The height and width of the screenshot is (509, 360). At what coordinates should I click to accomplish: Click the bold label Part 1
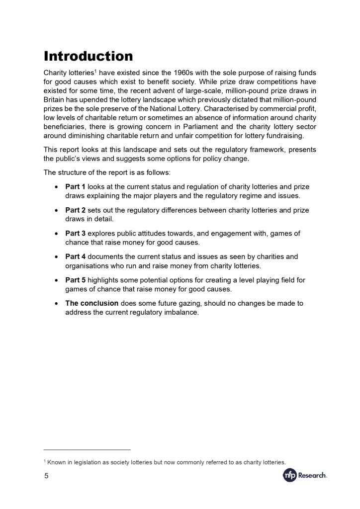coord(76,186)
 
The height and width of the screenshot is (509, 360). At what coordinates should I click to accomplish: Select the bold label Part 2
coord(76,210)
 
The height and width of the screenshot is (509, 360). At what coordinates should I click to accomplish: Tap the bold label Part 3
coord(76,233)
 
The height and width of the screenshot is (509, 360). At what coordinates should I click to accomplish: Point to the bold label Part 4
coord(76,256)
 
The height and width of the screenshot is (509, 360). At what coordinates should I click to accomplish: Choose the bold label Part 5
coord(76,280)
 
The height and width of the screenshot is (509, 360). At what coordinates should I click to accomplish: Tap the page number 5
coord(46,476)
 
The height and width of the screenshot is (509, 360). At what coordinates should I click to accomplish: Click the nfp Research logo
coord(305,476)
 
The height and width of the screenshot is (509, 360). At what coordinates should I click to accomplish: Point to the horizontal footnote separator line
coord(87,449)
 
